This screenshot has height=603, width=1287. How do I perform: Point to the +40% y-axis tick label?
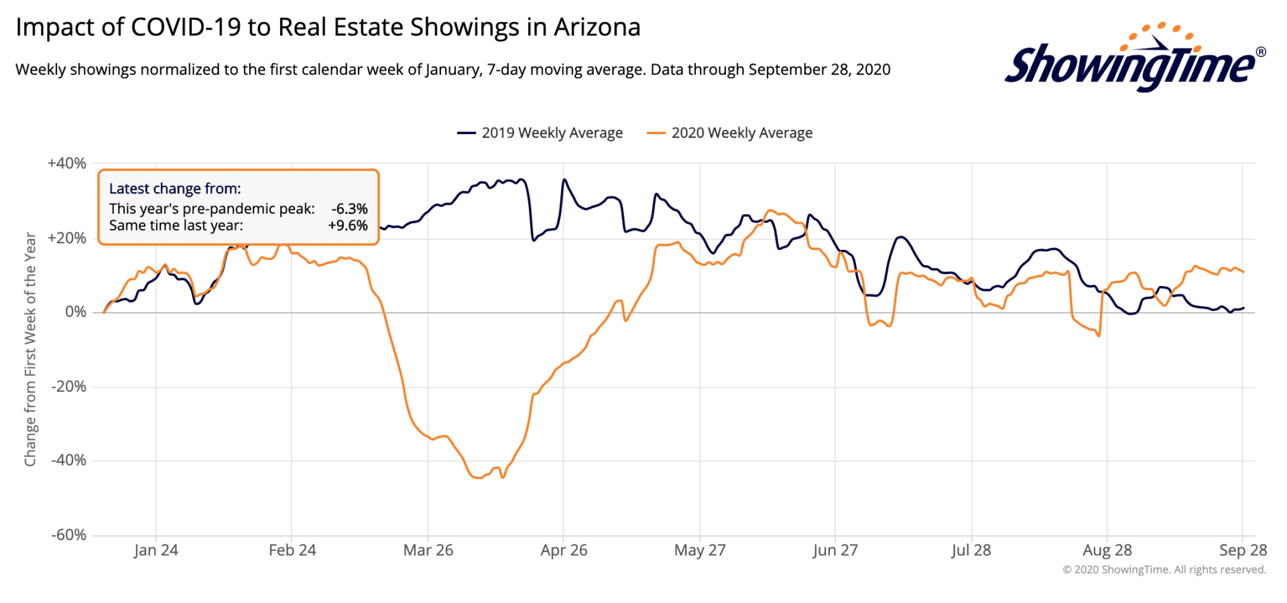pos(67,163)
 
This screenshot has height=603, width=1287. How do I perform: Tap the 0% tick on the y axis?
pos(75,312)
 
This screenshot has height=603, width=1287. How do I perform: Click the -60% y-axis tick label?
pos(68,535)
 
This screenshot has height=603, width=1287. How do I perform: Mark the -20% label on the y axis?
pos(68,387)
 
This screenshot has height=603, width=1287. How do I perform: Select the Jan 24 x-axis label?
pos(156,550)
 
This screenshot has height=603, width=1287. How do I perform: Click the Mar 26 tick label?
pos(428,550)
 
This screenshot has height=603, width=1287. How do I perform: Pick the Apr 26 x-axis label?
pos(564,550)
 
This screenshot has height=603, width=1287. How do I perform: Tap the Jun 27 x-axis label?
pos(835,550)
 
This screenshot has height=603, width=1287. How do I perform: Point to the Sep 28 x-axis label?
pos(1243,550)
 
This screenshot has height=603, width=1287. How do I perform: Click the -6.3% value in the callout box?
pos(349,209)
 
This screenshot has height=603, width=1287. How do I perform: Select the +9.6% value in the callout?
pos(348,226)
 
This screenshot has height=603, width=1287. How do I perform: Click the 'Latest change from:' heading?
pos(175,189)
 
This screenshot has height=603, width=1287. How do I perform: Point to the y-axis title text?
pos(30,348)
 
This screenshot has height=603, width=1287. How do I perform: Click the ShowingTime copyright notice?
pos(1164,569)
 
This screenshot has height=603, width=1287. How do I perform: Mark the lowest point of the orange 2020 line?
pos(479,478)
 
